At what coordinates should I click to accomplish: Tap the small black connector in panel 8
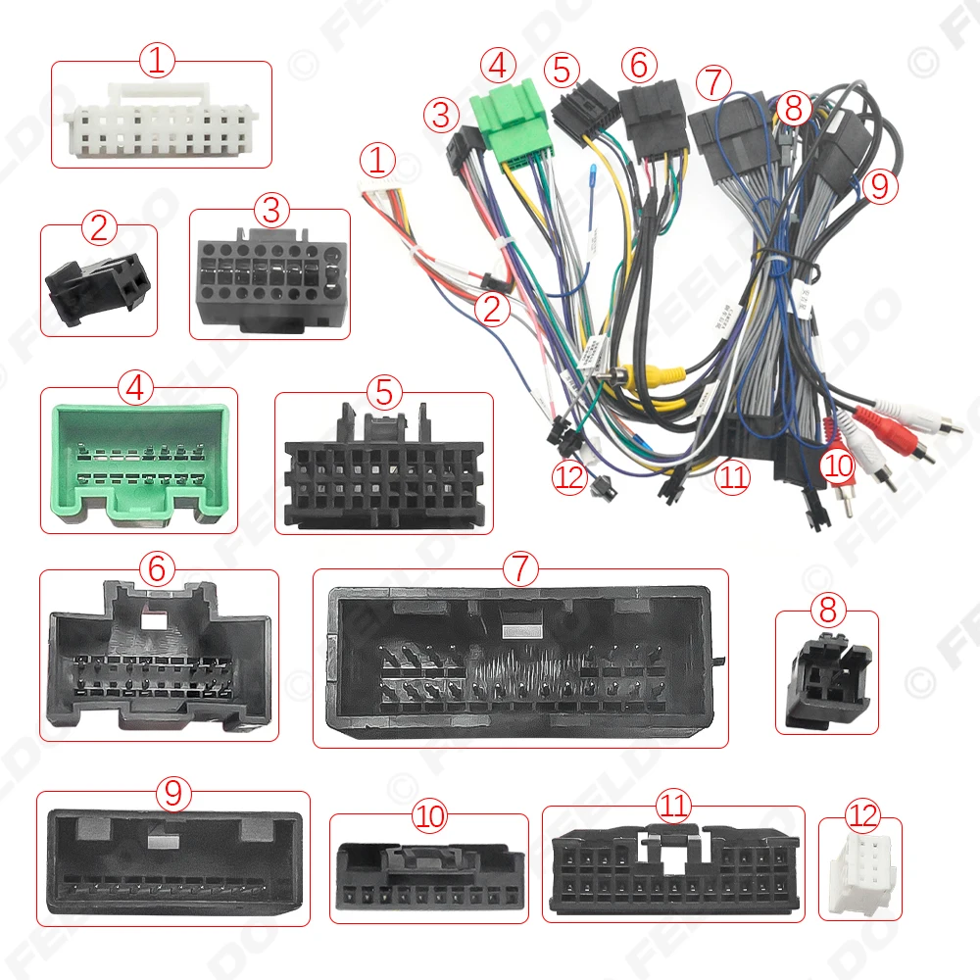pos(826,677)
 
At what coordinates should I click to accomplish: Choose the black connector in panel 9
pos(172,860)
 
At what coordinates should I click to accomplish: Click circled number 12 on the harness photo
pos(570,481)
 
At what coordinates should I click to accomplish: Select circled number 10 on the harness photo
pos(838,465)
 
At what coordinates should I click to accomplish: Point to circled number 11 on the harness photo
pos(731,478)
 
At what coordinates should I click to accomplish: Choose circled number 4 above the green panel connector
pos(138,389)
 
